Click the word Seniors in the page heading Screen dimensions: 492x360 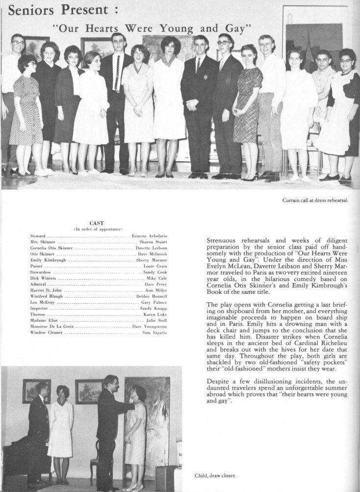pos(32,10)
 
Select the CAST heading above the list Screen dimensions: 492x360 pos(96,223)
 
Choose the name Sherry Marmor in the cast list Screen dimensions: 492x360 pos(152,260)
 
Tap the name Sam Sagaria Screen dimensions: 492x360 pos(155,333)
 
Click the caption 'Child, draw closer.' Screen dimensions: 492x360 pos(215,475)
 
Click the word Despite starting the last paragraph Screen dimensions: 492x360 pos(219,381)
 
